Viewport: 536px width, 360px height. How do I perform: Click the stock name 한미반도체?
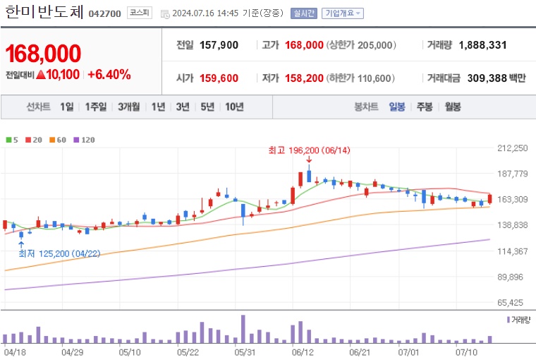(44, 12)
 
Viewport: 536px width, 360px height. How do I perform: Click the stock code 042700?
(105, 13)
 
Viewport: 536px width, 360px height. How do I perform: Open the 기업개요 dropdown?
(343, 13)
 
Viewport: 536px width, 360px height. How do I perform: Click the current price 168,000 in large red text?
(43, 53)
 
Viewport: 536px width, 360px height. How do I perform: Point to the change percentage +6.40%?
(109, 74)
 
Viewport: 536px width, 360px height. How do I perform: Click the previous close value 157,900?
(219, 45)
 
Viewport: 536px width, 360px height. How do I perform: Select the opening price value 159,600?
(219, 78)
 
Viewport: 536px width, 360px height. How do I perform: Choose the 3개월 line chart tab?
(130, 107)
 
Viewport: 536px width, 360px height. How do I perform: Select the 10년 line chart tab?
(234, 107)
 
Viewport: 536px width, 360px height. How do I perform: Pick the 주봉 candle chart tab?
(424, 107)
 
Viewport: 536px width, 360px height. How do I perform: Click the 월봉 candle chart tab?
(452, 107)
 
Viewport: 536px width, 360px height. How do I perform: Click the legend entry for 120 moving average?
(85, 140)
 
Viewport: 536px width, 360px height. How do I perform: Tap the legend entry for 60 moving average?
(59, 140)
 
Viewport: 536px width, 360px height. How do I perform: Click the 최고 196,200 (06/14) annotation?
(309, 150)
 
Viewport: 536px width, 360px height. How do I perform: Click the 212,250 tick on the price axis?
(513, 148)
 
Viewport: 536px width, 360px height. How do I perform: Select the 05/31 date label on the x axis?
(244, 351)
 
